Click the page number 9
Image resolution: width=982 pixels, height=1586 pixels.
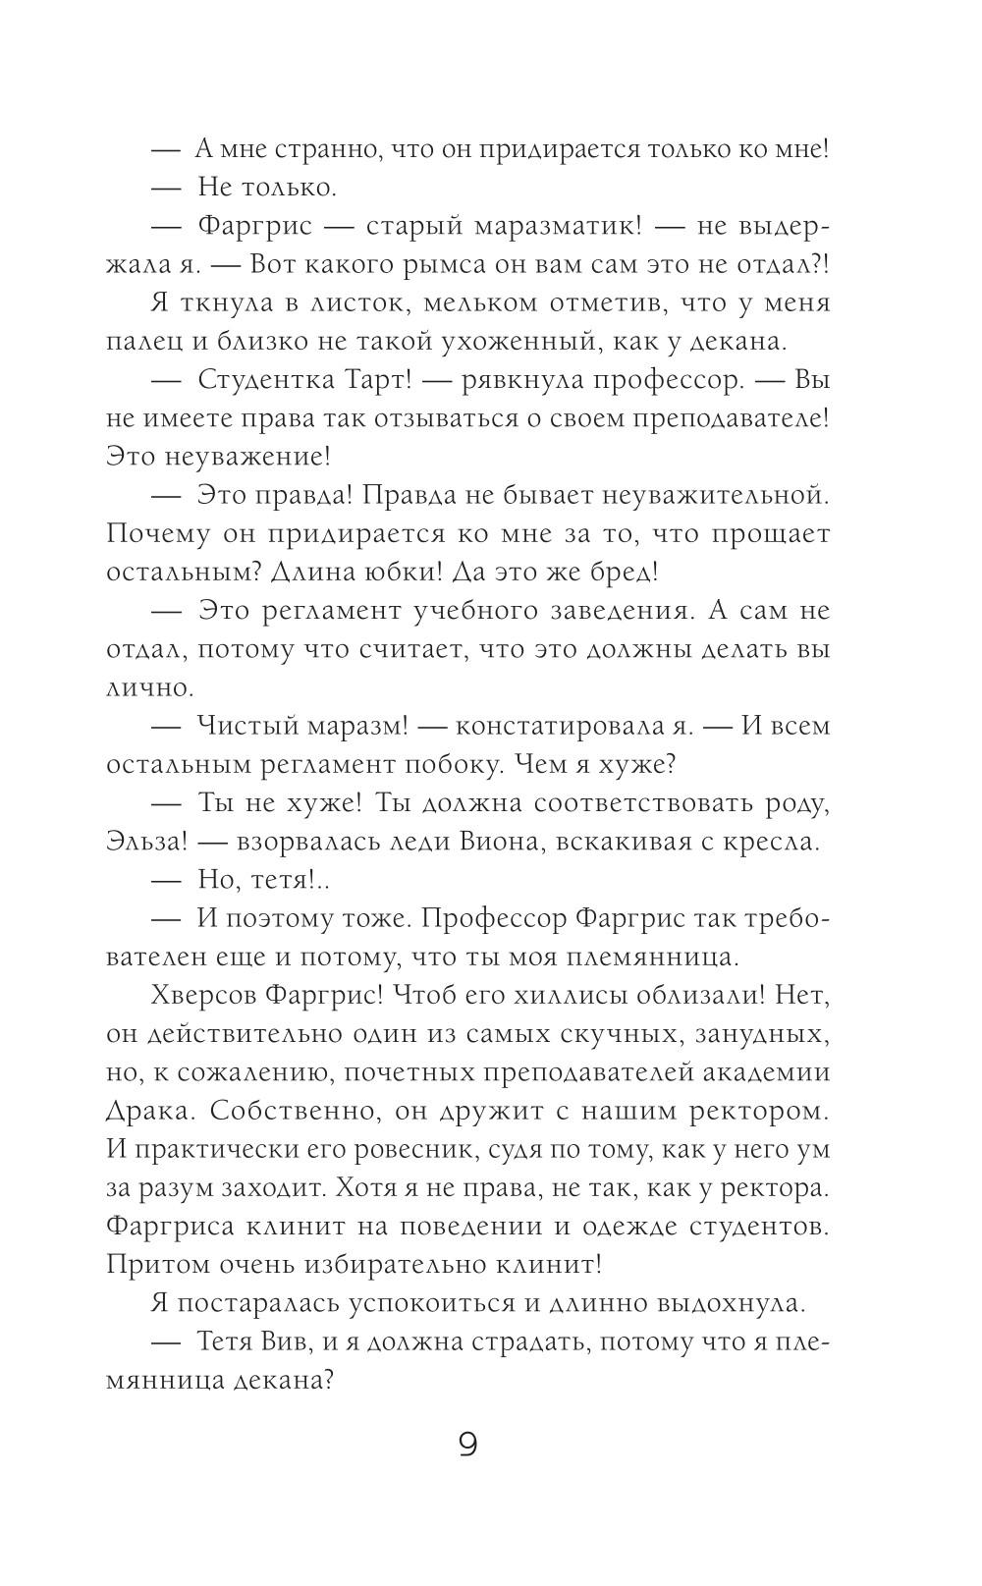(468, 1445)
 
